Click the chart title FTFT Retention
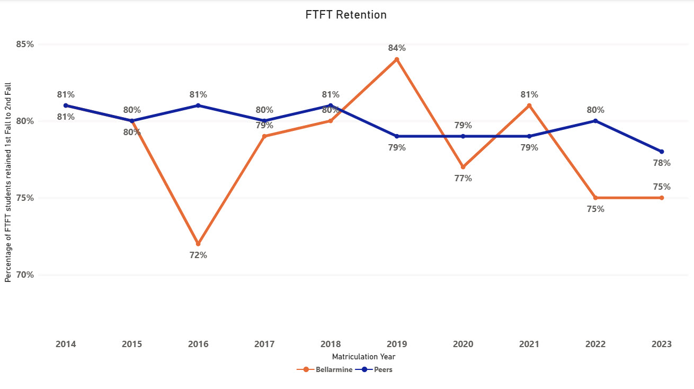(x=346, y=15)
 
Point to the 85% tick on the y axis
(x=24, y=44)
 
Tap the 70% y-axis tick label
(x=24, y=275)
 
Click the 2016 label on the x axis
(x=198, y=344)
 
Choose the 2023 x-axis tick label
(x=662, y=344)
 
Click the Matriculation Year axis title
(x=363, y=357)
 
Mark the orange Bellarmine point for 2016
(x=198, y=244)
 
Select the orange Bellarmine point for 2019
(x=397, y=59)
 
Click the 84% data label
(x=397, y=48)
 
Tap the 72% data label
(x=198, y=255)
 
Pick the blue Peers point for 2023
(x=662, y=152)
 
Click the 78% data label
(x=662, y=163)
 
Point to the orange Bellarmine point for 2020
(x=463, y=167)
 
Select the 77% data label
(x=463, y=178)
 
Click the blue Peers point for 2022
(x=595, y=121)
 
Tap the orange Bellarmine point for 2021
(x=529, y=105)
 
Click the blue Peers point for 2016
(x=198, y=105)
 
